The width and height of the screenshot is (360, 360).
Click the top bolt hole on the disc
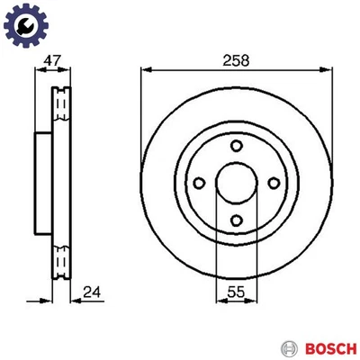click(x=235, y=148)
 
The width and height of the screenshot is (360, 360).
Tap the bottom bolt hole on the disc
click(x=235, y=222)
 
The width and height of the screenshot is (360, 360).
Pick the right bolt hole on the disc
click(x=272, y=185)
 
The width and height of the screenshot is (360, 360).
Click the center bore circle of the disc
click(x=234, y=185)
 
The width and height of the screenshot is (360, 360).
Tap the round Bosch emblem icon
click(x=289, y=346)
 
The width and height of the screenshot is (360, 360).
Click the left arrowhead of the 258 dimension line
click(x=145, y=70)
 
